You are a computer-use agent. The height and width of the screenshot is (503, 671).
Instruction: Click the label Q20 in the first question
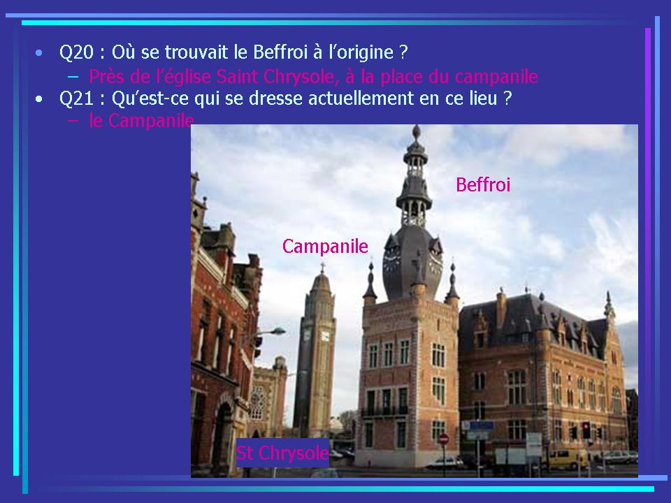pyautogui.click(x=76, y=52)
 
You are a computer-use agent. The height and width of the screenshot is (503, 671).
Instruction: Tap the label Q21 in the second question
pyautogui.click(x=76, y=99)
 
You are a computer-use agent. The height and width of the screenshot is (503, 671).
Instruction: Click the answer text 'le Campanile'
pyautogui.click(x=142, y=121)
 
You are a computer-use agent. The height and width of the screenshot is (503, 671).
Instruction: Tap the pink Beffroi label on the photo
pyautogui.click(x=483, y=184)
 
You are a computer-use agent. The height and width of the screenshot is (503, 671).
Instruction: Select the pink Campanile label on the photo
pyautogui.click(x=325, y=247)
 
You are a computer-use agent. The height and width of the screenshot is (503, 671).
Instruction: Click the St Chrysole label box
pyautogui.click(x=282, y=453)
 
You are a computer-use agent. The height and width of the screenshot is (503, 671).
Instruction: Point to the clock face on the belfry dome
pyautogui.click(x=391, y=261)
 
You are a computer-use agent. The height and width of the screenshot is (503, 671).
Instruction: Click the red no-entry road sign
pyautogui.click(x=444, y=439)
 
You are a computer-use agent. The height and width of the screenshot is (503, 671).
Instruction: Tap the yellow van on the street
pyautogui.click(x=566, y=458)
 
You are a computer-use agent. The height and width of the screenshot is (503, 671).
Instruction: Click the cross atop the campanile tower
pyautogui.click(x=322, y=268)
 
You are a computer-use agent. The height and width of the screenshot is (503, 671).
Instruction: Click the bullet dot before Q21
pyautogui.click(x=39, y=99)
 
